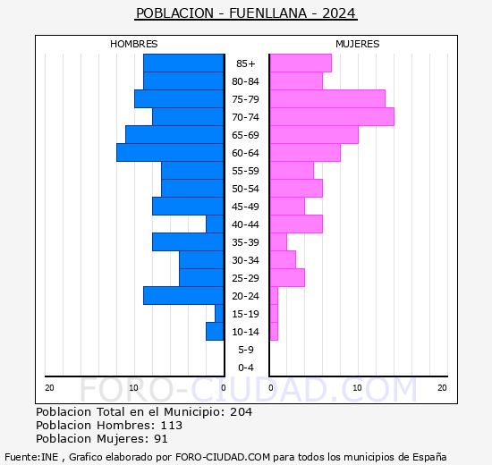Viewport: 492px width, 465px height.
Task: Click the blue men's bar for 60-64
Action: (x=170, y=153)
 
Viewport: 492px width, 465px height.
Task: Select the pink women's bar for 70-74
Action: (x=332, y=117)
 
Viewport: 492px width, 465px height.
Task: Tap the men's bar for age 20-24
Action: (x=183, y=296)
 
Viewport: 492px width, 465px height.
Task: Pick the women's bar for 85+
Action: (x=301, y=63)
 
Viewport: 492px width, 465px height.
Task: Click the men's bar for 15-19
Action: (x=219, y=314)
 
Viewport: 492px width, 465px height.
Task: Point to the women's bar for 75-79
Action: (x=327, y=99)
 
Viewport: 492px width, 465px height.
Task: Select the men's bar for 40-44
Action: (x=215, y=224)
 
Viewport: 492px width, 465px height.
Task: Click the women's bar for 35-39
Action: (x=278, y=242)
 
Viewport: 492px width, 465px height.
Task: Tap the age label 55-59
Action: (x=245, y=171)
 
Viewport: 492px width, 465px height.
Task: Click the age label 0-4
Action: (x=245, y=368)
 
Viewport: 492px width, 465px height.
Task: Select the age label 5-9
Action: (x=245, y=350)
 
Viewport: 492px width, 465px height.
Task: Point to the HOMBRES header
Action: (x=134, y=44)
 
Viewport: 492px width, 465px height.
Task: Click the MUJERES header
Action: (x=358, y=44)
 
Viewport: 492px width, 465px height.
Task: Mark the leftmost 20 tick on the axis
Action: (x=50, y=387)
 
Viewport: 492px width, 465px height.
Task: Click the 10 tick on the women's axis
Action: (x=357, y=387)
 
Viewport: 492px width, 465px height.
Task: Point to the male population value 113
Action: (x=171, y=426)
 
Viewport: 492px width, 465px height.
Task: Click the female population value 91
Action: (x=160, y=439)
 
